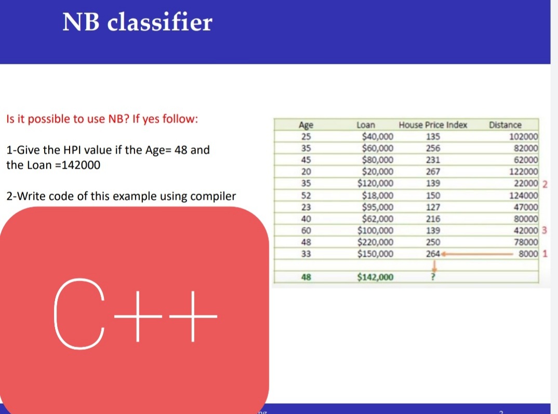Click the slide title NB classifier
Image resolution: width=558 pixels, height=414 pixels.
click(137, 22)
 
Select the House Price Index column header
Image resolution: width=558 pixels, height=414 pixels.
click(433, 125)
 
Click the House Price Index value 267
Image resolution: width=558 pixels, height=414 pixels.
click(433, 172)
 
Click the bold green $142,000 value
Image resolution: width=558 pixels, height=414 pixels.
click(375, 277)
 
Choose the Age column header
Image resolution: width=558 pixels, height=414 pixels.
click(306, 125)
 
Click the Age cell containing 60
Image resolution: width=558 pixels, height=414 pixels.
click(306, 230)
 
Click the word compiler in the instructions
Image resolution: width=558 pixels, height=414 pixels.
click(214, 197)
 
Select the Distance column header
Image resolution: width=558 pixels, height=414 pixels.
click(505, 125)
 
